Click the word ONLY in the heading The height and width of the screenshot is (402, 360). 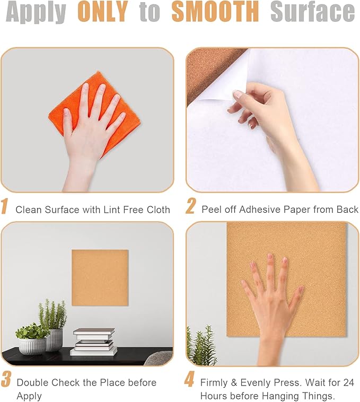102,13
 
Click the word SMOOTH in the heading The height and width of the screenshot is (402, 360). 215,13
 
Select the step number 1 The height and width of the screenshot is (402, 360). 6,207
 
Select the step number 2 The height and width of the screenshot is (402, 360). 190,207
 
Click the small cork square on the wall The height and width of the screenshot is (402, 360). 100,277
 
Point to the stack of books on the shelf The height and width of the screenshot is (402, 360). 93,342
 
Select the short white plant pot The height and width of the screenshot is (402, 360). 32,346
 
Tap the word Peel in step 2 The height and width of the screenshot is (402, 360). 211,209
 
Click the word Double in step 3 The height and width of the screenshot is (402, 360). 32,382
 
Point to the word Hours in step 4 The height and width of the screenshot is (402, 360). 213,396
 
